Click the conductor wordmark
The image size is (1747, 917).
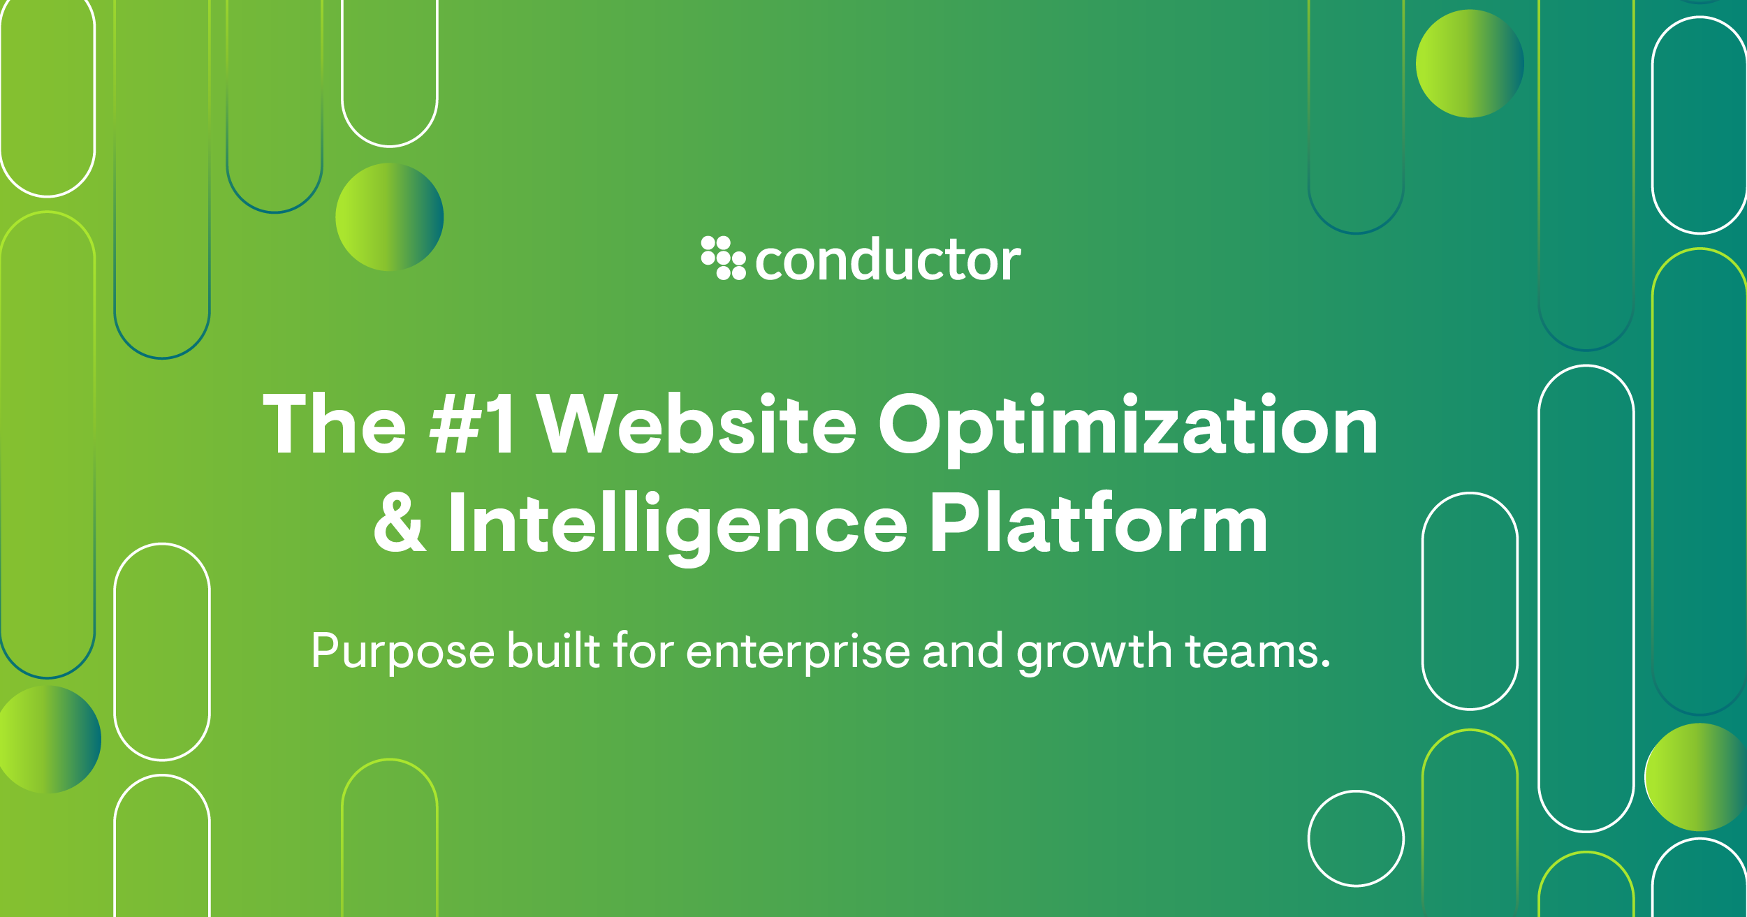click(888, 261)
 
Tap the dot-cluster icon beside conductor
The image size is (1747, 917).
click(723, 258)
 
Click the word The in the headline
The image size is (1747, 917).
click(334, 424)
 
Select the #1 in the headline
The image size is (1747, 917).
click(473, 424)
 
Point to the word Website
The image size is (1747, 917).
click(696, 424)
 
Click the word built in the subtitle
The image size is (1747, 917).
click(553, 650)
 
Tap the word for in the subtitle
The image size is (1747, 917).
click(643, 650)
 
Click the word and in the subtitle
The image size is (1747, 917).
click(963, 650)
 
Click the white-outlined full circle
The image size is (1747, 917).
click(1356, 838)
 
